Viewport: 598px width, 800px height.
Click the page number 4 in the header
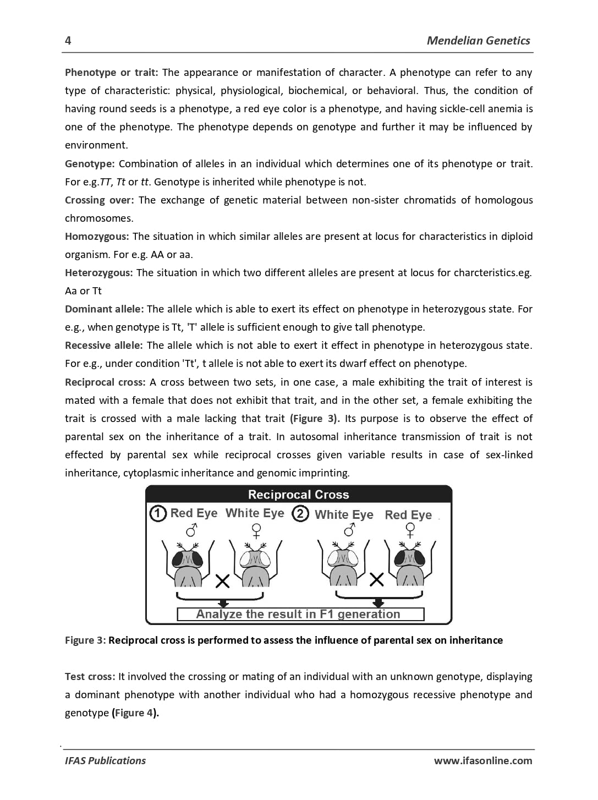68,41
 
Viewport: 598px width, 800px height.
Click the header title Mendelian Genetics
478,41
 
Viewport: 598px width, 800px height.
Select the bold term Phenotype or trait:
111,73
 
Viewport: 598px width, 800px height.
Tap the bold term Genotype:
90,164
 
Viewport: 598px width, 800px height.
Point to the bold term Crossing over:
99,200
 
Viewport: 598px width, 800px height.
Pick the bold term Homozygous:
97,237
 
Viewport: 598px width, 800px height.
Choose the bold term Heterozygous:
98,273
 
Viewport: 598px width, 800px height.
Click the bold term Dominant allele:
104,309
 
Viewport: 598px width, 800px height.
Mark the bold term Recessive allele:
103,346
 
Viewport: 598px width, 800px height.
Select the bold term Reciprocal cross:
105,382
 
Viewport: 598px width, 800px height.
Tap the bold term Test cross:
90,677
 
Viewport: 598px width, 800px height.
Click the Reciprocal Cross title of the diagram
298,495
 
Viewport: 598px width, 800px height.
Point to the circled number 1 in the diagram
158,514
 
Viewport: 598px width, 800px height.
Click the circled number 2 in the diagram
300,514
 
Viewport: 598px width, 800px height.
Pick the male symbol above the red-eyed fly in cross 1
191,530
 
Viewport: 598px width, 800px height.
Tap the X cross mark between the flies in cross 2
376,579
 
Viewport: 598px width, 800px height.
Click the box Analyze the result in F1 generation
300,614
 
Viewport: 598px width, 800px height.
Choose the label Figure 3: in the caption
85,640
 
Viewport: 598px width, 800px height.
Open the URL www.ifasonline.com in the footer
482,761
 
